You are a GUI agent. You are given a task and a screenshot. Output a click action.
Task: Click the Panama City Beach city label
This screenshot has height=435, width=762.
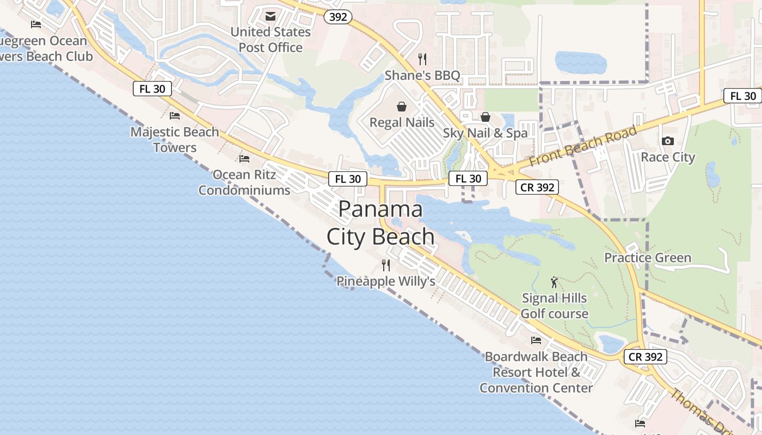pyautogui.click(x=380, y=223)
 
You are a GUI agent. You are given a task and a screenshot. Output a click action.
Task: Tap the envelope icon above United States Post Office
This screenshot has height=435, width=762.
pyautogui.click(x=271, y=16)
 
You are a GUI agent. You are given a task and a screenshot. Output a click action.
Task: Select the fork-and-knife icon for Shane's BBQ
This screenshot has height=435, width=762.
pyautogui.click(x=422, y=59)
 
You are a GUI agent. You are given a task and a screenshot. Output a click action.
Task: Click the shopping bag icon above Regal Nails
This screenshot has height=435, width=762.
pyautogui.click(x=402, y=106)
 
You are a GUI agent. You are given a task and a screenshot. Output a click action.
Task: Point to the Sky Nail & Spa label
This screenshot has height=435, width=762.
pyautogui.click(x=485, y=133)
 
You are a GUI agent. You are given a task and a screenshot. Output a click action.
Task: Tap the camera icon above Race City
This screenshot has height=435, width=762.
pyautogui.click(x=667, y=141)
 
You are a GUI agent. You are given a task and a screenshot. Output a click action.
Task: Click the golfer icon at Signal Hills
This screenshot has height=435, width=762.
pyautogui.click(x=554, y=282)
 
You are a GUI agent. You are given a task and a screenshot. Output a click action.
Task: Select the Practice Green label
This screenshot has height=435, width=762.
pyautogui.click(x=648, y=258)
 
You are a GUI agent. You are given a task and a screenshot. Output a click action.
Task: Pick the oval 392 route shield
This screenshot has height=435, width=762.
pyautogui.click(x=337, y=17)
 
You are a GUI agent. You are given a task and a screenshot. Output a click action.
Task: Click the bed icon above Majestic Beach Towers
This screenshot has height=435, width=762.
pyautogui.click(x=175, y=116)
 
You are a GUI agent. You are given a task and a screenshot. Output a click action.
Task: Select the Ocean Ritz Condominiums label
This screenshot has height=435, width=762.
pyautogui.click(x=244, y=183)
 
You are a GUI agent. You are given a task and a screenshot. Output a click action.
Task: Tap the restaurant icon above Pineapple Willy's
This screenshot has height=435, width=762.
pyautogui.click(x=386, y=265)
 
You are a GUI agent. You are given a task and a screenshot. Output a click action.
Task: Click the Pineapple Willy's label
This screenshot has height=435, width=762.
pyautogui.click(x=386, y=282)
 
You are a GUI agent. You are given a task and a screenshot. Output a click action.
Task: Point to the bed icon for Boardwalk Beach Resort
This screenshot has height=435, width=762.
pyautogui.click(x=536, y=340)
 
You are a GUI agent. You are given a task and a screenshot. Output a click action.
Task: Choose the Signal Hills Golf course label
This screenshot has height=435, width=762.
pyautogui.click(x=554, y=306)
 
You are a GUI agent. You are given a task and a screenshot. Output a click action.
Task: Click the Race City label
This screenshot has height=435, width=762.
pyautogui.click(x=668, y=157)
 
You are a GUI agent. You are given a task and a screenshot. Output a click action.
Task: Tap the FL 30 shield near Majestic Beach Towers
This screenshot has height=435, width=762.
pyautogui.click(x=152, y=89)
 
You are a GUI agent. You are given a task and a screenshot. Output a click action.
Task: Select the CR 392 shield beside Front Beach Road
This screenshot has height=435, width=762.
pyautogui.click(x=537, y=188)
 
